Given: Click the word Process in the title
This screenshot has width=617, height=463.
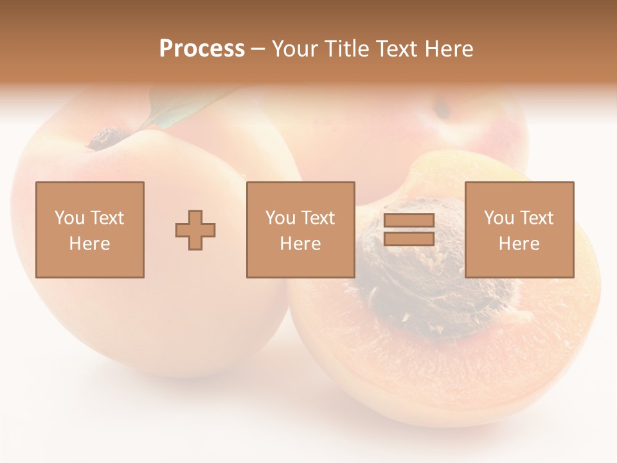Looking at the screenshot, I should [x=202, y=49].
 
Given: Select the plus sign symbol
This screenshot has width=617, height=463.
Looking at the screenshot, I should [x=195, y=230].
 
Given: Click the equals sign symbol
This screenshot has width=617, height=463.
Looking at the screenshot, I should [x=409, y=230].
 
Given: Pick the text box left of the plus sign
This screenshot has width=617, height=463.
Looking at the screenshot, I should [x=90, y=230].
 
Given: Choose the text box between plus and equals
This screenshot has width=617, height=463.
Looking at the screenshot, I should [x=300, y=230].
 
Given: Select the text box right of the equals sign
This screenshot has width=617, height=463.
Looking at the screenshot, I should [x=519, y=230].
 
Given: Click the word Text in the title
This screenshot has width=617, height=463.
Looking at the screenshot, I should [x=397, y=49].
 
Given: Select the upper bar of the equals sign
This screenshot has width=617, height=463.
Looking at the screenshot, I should [x=409, y=221].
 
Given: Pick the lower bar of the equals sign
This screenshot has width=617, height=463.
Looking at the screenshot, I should [x=409, y=239].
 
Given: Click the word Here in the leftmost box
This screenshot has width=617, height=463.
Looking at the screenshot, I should [x=90, y=244].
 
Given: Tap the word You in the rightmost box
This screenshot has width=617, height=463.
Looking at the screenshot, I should [x=498, y=218].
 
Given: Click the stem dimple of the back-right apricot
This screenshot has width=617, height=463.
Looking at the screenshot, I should [x=442, y=109].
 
